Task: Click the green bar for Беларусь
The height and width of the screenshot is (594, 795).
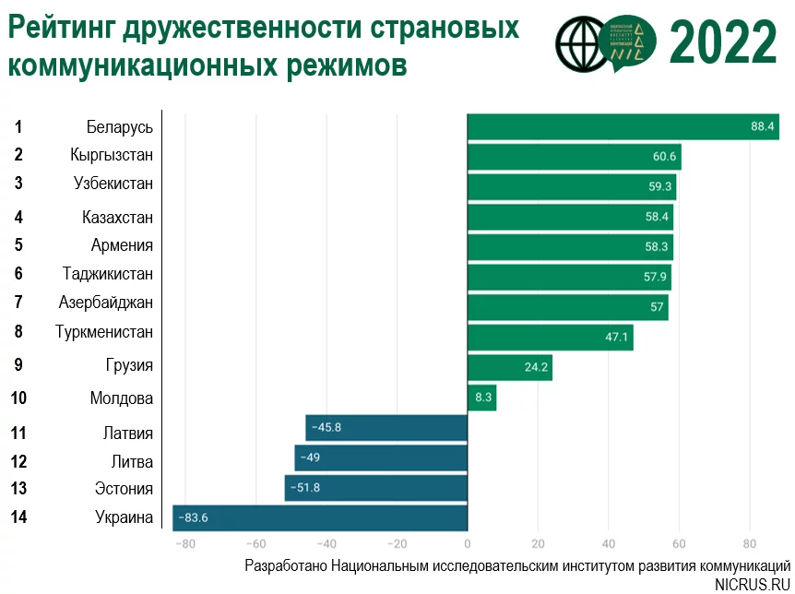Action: point(623,126)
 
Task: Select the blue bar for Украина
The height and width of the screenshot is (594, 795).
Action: point(320,517)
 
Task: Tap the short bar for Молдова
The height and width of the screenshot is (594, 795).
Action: point(481,398)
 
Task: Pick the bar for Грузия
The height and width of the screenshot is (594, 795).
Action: point(509,367)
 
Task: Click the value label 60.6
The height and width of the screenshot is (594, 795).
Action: point(665,156)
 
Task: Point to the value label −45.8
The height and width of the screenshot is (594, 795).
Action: point(327,428)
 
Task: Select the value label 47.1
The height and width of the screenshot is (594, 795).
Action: point(617,338)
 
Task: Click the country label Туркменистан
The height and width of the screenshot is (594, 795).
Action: point(103,331)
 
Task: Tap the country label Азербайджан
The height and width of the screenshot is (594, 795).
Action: point(105,303)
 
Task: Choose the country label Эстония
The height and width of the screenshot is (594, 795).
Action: point(124,489)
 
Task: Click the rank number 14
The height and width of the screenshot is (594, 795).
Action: point(18,517)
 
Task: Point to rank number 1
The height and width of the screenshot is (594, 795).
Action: point(18,126)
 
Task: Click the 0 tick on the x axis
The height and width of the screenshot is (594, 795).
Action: point(468,543)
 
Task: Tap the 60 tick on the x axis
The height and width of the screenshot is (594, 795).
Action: point(679,543)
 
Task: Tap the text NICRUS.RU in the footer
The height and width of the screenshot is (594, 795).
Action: point(753,584)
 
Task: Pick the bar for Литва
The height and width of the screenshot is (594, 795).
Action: point(380,457)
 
